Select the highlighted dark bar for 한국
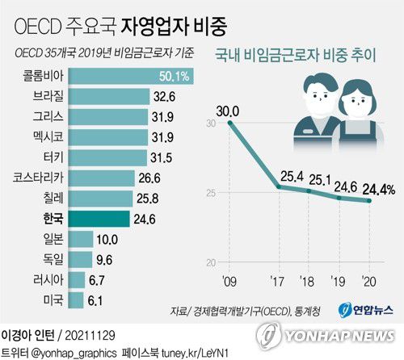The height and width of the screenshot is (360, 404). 99,218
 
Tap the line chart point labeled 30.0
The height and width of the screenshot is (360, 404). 230,123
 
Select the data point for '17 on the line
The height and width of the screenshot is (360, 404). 279,187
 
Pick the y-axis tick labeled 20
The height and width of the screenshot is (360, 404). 210,262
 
